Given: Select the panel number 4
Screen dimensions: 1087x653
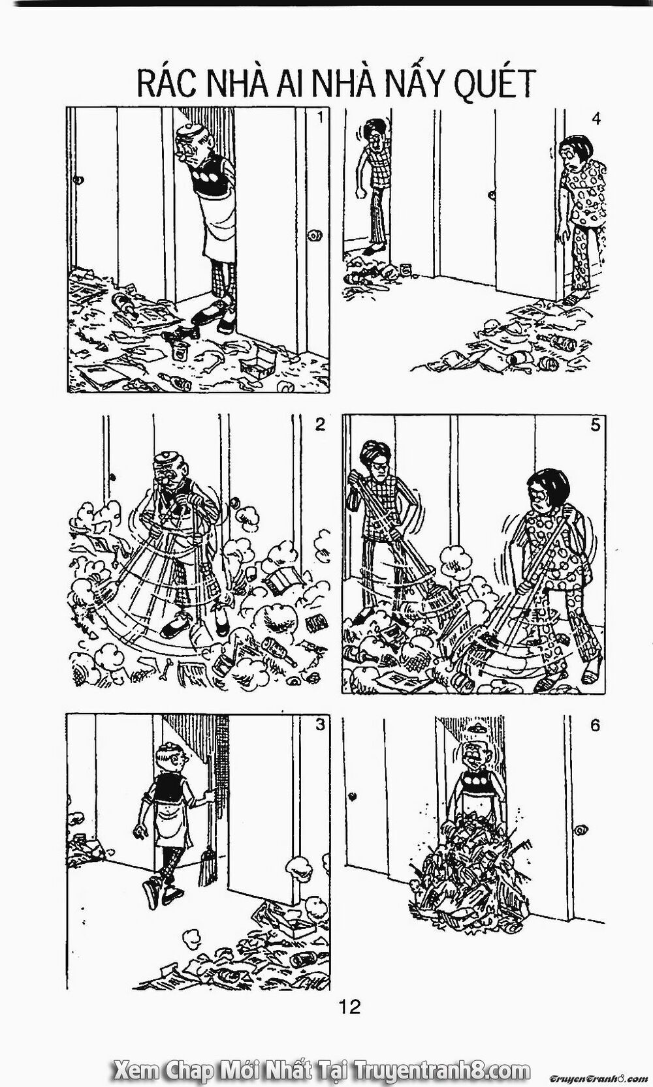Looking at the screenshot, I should (596, 119).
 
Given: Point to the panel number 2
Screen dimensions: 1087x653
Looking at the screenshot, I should (319, 425).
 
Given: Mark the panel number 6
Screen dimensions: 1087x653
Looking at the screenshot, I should (594, 726).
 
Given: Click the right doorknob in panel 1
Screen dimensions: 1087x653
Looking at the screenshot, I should (315, 234).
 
